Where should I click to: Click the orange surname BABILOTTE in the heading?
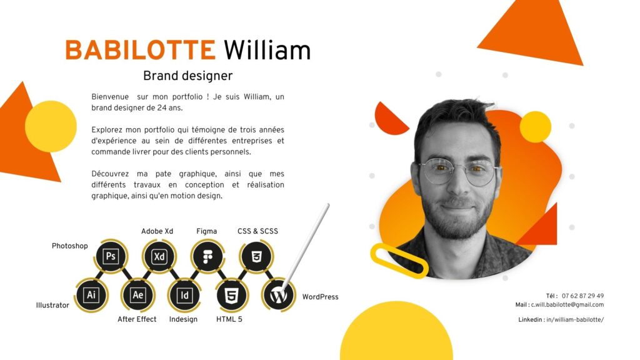(x=140, y=50)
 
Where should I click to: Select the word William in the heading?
(x=267, y=50)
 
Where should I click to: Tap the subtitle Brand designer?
(x=187, y=76)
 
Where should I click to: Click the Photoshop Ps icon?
(x=111, y=256)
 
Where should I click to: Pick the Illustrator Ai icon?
(x=91, y=295)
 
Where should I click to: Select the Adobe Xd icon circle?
(x=159, y=256)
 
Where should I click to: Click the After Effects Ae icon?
(x=137, y=295)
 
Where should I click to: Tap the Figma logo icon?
(x=207, y=256)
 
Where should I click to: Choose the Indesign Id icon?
(x=184, y=295)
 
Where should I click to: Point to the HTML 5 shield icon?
(x=231, y=295)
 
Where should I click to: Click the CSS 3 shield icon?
(x=256, y=256)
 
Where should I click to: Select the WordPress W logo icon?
(x=279, y=295)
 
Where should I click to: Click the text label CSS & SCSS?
(x=257, y=231)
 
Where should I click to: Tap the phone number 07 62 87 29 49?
(x=582, y=296)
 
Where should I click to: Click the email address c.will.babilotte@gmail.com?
(x=567, y=304)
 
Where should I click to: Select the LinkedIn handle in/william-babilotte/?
(x=575, y=319)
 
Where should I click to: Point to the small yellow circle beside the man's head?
(x=536, y=126)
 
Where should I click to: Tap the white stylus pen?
(x=306, y=244)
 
